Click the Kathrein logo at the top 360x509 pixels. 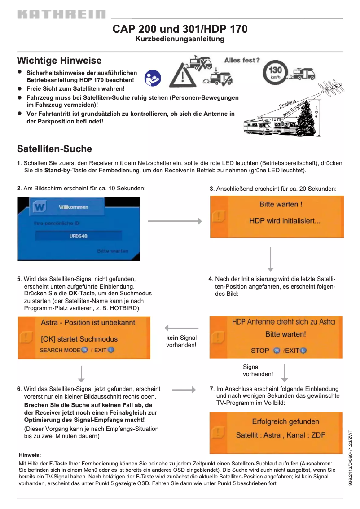pos(61,15)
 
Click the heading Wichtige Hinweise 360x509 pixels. pos(59,61)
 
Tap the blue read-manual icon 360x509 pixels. pos(153,78)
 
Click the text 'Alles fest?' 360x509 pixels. pos(242,60)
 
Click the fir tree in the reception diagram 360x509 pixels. pos(306,118)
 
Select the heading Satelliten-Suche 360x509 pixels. pos(54,149)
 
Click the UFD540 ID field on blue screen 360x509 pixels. pos(79,236)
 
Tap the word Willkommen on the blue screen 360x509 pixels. pos(74,207)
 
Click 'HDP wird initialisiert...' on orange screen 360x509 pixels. pos(285,221)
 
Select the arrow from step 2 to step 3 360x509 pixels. pos(175,221)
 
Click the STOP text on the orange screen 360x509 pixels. pos(260,350)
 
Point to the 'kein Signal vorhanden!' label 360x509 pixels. pos(181,341)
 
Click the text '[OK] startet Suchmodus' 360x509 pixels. pos(79,339)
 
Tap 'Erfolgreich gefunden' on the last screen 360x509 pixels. pos(285,421)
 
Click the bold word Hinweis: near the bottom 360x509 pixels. pos(30,455)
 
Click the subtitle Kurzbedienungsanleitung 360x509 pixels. pos(180,39)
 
